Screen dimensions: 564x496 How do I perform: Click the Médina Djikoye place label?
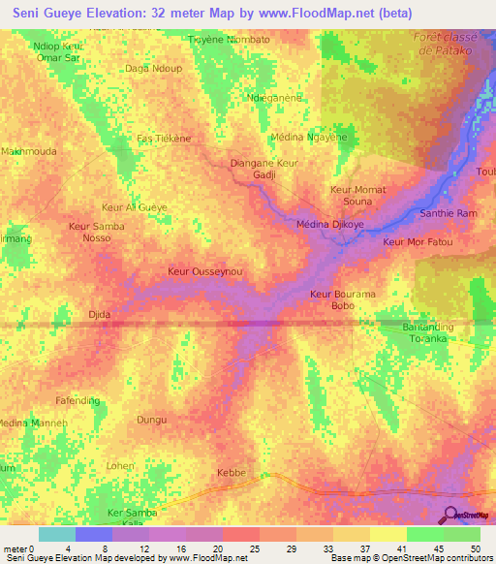point(328,225)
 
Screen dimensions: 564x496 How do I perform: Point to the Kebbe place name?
point(232,473)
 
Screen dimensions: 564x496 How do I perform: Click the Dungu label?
point(152,420)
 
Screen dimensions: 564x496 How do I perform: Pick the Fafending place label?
point(77,400)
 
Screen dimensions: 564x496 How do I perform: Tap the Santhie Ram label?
point(448,213)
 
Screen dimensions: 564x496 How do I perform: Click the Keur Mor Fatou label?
point(418,241)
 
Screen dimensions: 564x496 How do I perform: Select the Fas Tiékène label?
point(164,139)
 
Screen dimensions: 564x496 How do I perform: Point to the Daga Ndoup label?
point(153,69)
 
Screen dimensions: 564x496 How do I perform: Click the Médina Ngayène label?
point(309,138)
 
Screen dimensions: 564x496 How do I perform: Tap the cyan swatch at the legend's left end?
point(57,534)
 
